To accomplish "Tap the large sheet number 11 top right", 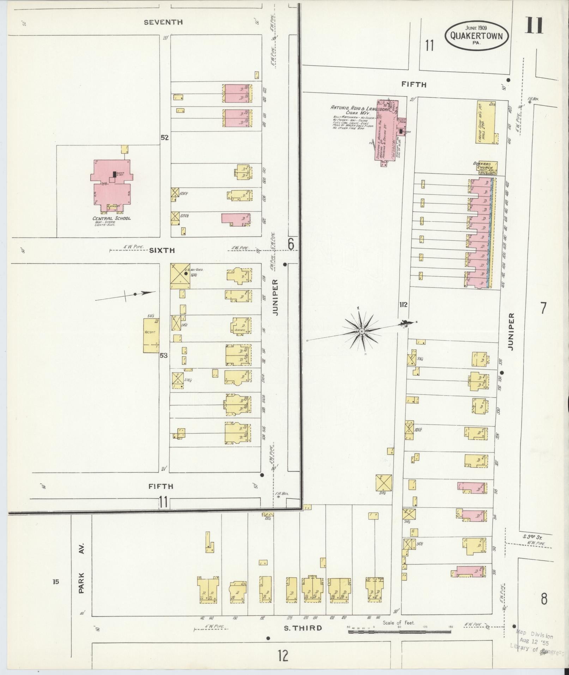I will click(x=534, y=25).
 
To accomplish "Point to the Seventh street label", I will click(x=163, y=22).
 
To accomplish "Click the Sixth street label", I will click(x=162, y=250).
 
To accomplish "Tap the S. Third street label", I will click(x=304, y=628).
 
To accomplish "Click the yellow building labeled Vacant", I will click(x=151, y=336).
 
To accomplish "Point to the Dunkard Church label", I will click(x=485, y=166).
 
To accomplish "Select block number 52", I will click(x=164, y=138).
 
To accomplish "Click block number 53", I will click(x=163, y=355).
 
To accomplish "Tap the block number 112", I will click(x=403, y=305).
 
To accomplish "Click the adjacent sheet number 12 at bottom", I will click(x=283, y=656).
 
